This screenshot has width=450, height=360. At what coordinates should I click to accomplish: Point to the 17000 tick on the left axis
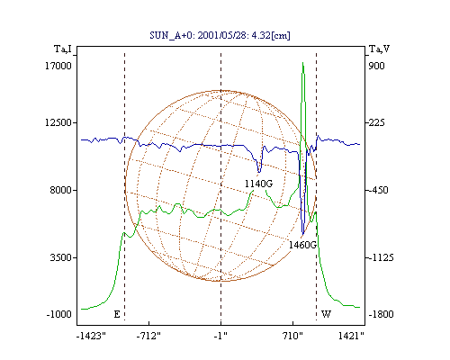58,66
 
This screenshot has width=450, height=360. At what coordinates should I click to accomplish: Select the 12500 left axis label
58,122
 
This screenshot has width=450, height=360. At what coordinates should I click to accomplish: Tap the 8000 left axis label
61,190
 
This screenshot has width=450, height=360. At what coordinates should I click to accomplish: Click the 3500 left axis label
61,257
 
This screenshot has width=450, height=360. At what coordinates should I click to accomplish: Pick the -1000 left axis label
59,314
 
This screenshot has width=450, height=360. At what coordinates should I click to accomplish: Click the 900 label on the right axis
376,66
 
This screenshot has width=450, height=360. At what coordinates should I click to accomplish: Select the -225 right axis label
376,122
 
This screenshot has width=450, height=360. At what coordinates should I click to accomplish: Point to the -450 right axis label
378,190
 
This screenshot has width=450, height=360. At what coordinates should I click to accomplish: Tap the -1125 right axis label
381,257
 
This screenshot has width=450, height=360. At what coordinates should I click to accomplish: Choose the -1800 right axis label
381,314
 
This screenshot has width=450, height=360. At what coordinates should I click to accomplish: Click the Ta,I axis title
63,49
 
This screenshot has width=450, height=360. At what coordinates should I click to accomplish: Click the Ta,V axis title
379,49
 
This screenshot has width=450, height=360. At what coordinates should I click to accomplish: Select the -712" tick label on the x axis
148,336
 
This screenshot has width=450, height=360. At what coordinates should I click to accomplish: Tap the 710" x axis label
292,336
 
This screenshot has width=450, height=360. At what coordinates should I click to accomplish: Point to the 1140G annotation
258,184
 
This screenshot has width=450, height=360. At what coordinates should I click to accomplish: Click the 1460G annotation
302,245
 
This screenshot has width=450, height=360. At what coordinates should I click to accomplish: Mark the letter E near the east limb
117,314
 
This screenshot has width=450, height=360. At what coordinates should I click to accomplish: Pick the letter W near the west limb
326,314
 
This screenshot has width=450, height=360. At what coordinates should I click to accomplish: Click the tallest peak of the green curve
302,62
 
